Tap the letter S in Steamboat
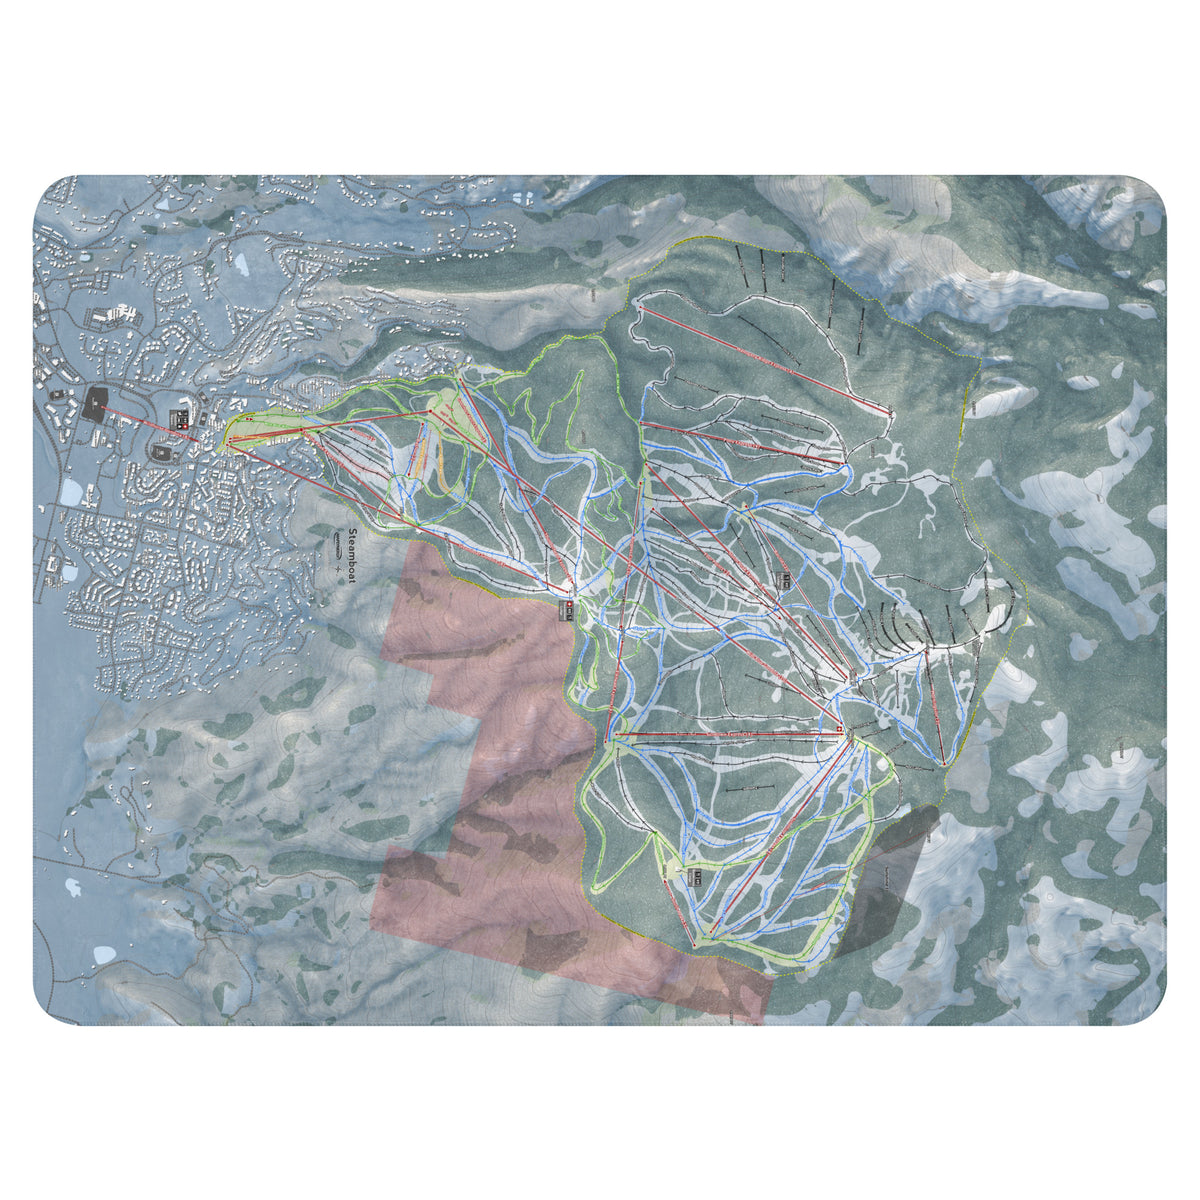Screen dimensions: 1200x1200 (352, 532)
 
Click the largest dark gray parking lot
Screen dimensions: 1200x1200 (97, 404)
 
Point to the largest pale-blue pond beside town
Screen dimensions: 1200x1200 (70, 492)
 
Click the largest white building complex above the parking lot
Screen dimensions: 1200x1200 (115, 315)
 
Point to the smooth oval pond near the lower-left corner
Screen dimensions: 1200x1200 (104, 954)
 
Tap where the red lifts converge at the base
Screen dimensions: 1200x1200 (232, 440)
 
